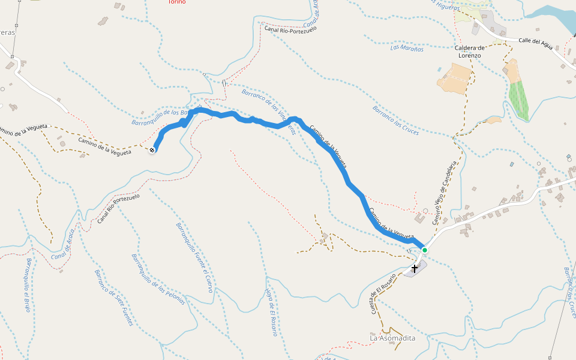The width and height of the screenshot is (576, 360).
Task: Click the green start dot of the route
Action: pyautogui.click(x=424, y=250)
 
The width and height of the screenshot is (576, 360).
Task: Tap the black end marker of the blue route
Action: pyautogui.click(x=152, y=150)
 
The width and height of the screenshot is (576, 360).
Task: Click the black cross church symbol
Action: pyautogui.click(x=414, y=268)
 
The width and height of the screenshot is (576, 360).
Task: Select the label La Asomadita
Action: pyautogui.click(x=392, y=338)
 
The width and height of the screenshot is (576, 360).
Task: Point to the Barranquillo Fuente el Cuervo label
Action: pyautogui.click(x=194, y=257)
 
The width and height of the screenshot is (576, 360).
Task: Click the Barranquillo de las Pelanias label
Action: pyautogui.click(x=158, y=279)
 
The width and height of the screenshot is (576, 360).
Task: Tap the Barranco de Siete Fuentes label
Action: pyautogui.click(x=113, y=298)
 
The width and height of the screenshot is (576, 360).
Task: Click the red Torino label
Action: pyautogui.click(x=177, y=2)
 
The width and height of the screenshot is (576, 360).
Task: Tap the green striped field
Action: pyautogui.click(x=519, y=100)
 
